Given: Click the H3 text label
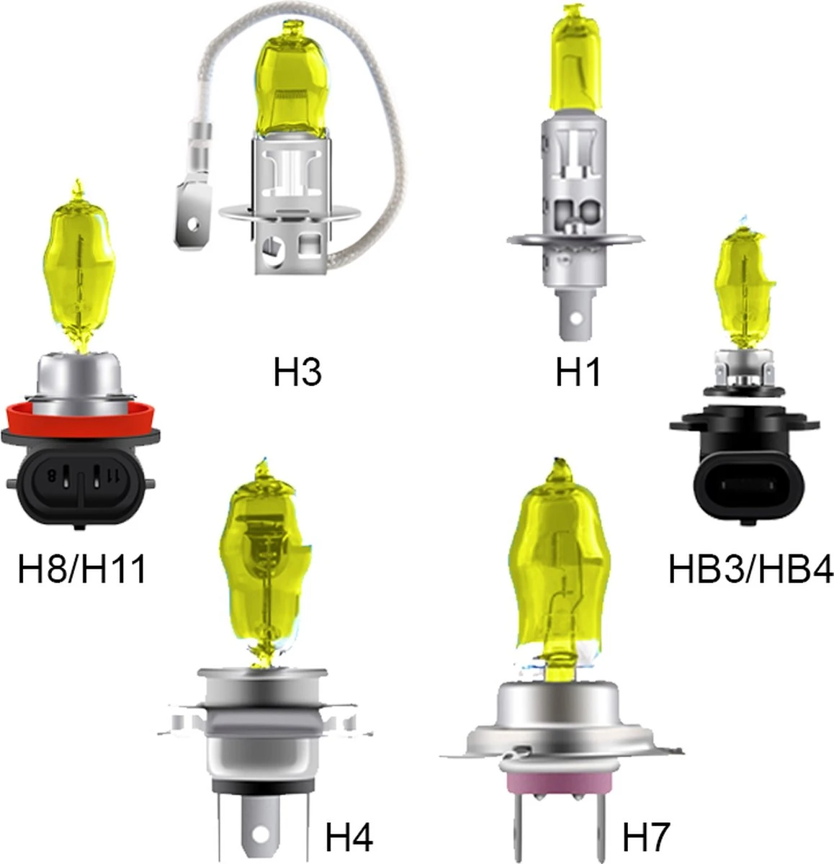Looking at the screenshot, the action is pyautogui.click(x=297, y=372).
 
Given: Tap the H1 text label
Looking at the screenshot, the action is pyautogui.click(x=578, y=372).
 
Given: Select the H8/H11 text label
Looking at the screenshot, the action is pyautogui.click(x=82, y=569).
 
